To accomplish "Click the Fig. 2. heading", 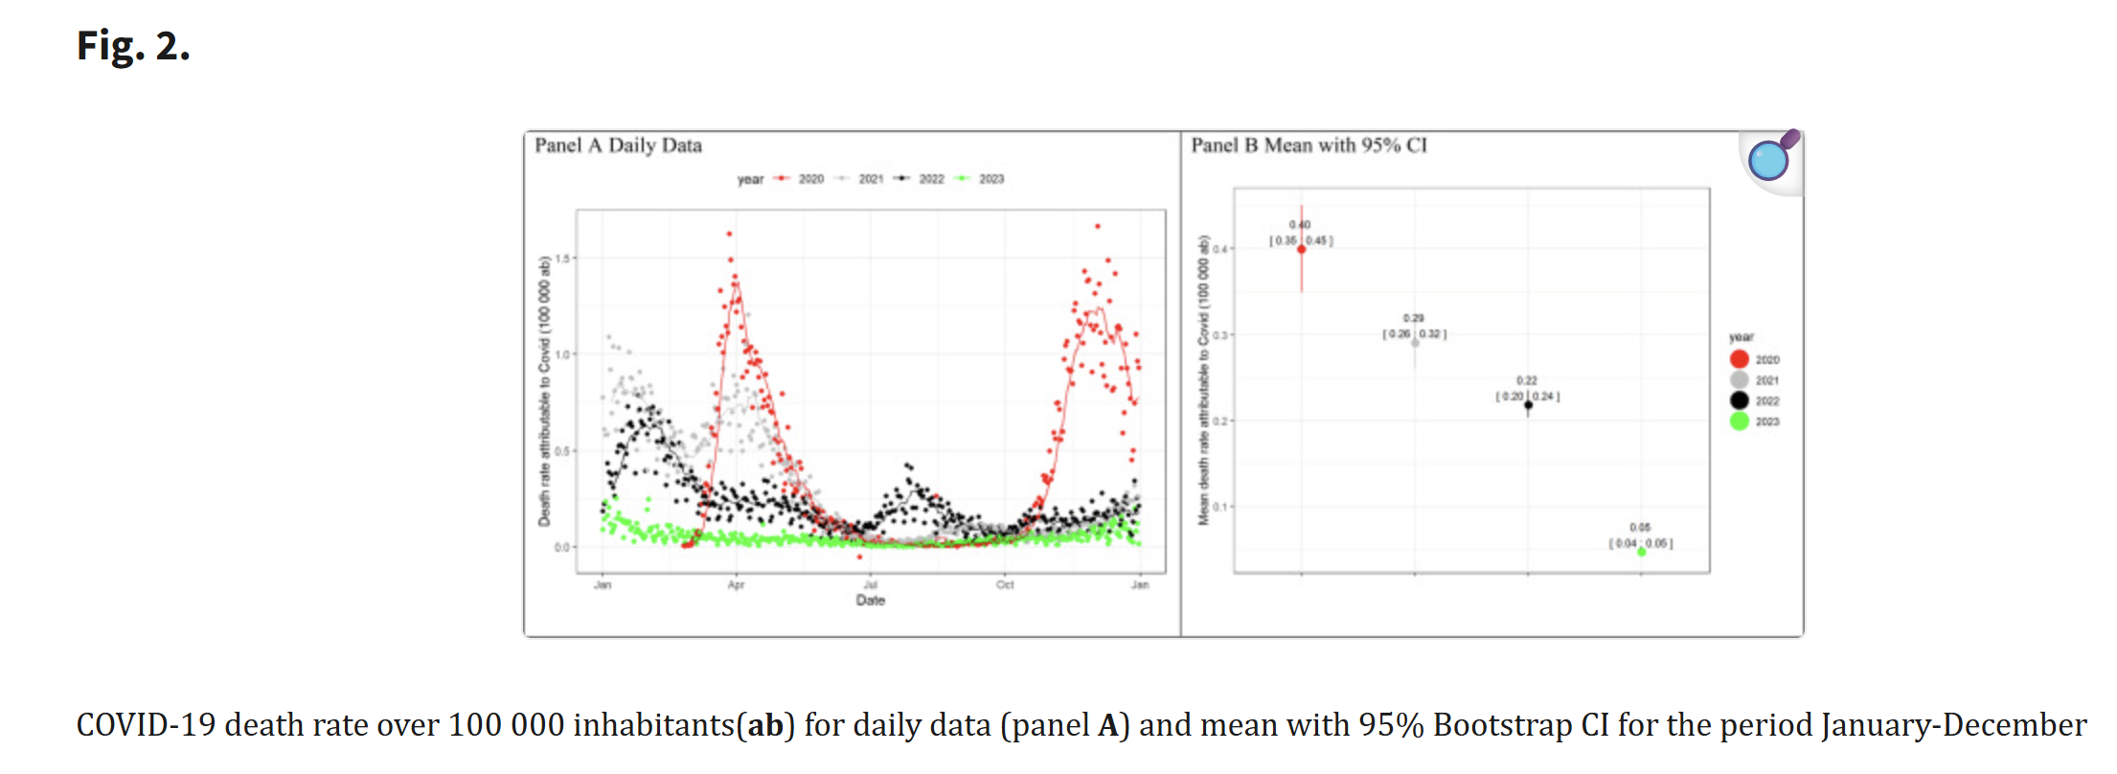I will click(133, 46).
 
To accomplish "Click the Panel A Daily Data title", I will click(618, 146).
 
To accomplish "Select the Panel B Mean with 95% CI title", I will click(1309, 146).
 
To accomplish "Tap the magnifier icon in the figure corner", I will click(1768, 159).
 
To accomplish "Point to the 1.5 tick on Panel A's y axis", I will click(562, 259).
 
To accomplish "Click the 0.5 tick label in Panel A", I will click(562, 451).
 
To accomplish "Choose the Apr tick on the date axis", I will click(736, 584).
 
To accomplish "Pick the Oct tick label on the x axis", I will click(1005, 584).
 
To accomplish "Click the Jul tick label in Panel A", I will click(870, 584).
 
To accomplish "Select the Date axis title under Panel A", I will click(870, 601).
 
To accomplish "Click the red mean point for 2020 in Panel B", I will click(1301, 249).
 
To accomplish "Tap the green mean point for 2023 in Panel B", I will click(1641, 552).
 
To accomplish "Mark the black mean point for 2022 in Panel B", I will click(1528, 405).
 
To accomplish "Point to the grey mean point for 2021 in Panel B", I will click(1415, 342).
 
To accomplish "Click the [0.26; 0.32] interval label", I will click(1414, 334).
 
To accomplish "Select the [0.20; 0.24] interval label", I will click(1527, 397).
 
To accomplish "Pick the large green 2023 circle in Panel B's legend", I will click(1740, 421).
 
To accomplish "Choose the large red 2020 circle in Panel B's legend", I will click(1740, 359).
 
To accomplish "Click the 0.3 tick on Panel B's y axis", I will click(1219, 335).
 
